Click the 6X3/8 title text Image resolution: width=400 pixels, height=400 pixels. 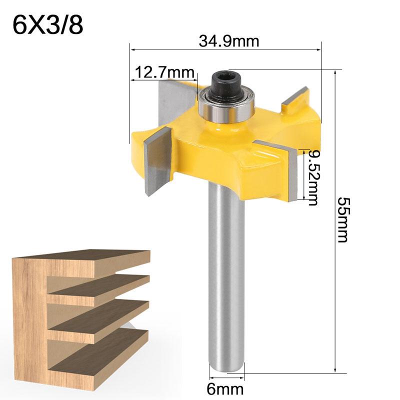coord(48,25)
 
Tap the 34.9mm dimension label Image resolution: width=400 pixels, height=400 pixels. coord(229,41)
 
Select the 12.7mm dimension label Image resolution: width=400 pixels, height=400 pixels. coord(164,72)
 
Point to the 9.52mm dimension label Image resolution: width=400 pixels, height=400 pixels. coord(313,177)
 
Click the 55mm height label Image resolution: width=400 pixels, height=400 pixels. coord(343,219)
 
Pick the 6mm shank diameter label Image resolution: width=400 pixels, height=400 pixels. coord(225,389)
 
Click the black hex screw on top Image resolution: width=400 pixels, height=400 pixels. coord(226,85)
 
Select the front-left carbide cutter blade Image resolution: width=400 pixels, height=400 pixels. coord(157,161)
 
